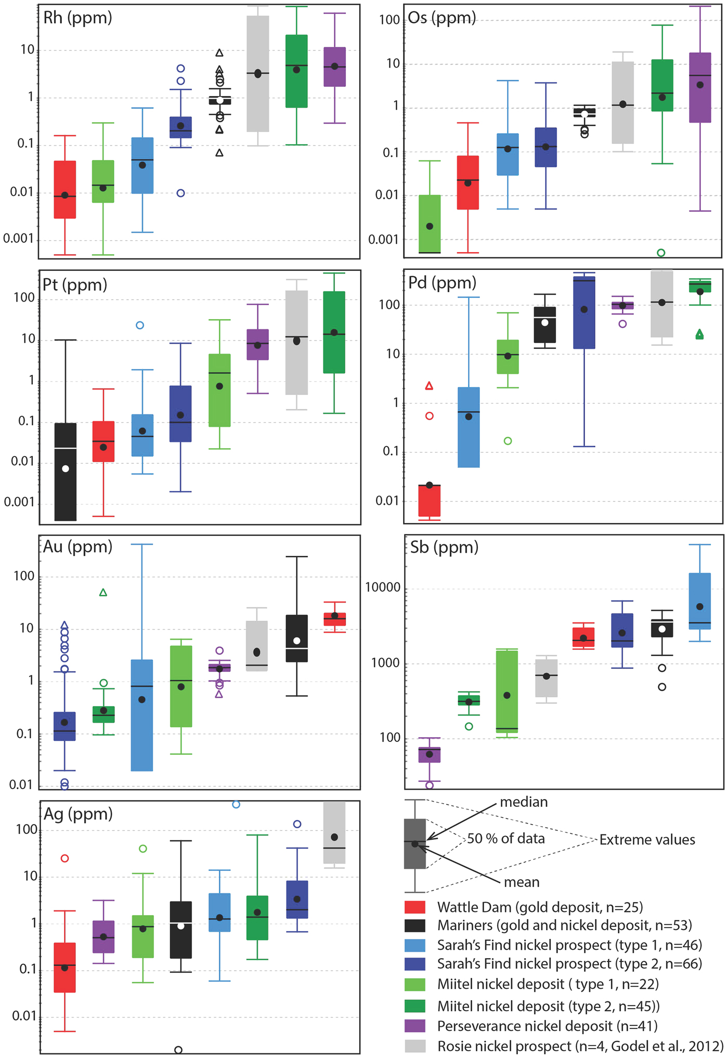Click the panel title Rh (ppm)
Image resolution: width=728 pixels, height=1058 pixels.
[x=77, y=18]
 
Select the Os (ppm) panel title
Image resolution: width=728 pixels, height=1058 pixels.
[x=441, y=18]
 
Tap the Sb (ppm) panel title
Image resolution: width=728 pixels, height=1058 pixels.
[x=444, y=547]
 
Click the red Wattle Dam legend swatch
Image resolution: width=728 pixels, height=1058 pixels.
[x=414, y=907]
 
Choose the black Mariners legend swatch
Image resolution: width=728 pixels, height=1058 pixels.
[x=414, y=925]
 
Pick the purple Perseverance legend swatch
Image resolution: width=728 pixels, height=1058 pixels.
[x=414, y=1026]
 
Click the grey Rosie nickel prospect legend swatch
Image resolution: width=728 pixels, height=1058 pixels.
[x=414, y=1046]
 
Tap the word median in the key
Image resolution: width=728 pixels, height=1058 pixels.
[x=524, y=802]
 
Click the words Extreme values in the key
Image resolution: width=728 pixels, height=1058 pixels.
[x=647, y=840]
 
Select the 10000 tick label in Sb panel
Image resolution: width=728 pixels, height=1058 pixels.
[x=383, y=587]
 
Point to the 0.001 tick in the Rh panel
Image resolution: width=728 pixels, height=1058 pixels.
[x=19, y=239]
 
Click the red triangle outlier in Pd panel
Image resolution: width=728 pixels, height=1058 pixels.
[x=429, y=386]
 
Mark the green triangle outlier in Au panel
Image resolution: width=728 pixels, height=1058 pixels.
[x=103, y=593]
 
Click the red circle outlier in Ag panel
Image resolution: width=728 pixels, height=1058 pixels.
[x=64, y=858]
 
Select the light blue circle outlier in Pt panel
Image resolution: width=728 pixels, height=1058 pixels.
[x=140, y=325]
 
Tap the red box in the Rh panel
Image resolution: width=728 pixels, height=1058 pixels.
[x=65, y=190]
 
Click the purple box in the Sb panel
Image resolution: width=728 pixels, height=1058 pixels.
[x=429, y=755]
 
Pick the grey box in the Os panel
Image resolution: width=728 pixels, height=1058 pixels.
[x=622, y=102]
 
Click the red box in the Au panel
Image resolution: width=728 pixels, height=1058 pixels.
[x=334, y=619]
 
